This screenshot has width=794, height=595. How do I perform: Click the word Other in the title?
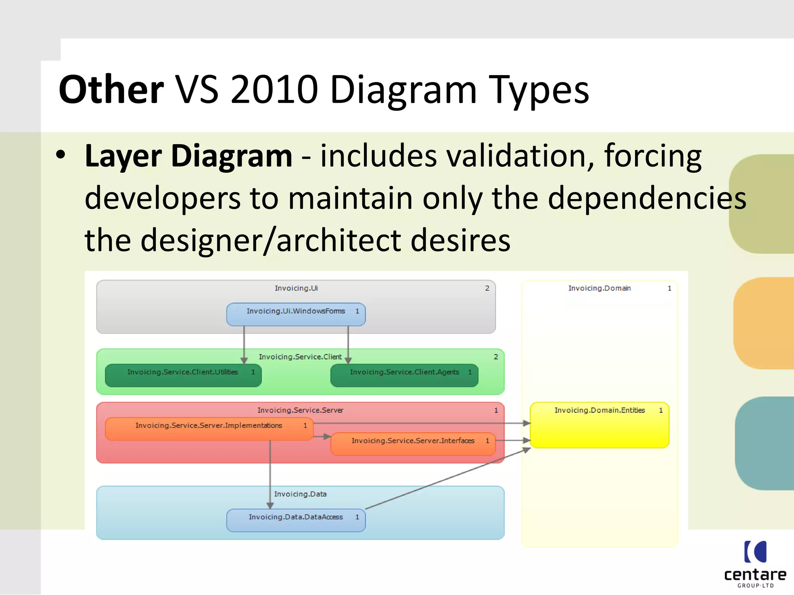(x=111, y=90)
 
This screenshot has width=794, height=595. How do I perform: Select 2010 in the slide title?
(x=274, y=90)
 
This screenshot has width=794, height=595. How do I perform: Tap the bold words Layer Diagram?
(x=188, y=156)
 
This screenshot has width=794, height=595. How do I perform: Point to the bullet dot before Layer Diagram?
(x=60, y=155)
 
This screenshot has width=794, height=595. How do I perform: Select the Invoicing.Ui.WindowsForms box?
(x=295, y=315)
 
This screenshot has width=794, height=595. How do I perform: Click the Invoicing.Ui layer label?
(x=296, y=288)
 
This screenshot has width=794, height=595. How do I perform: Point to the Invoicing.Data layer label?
(x=300, y=494)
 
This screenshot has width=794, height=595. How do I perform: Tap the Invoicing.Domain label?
(x=599, y=288)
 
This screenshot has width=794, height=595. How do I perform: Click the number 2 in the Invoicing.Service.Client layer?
(x=495, y=357)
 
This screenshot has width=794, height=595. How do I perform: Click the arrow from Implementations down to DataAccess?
(x=270, y=473)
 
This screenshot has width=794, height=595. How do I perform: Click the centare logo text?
(x=755, y=575)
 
